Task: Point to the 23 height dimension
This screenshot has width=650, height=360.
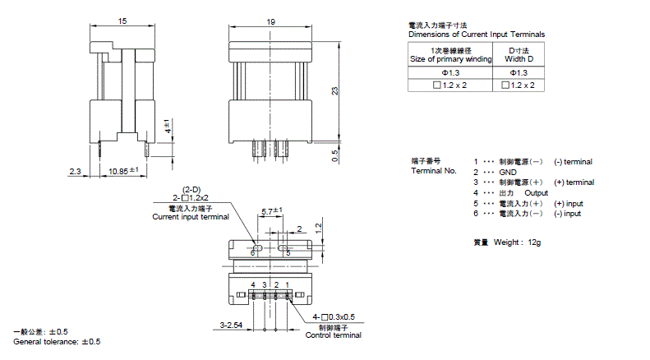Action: (x=334, y=90)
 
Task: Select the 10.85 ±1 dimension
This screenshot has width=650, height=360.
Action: (x=122, y=170)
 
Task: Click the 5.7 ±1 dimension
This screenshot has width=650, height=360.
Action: (x=272, y=211)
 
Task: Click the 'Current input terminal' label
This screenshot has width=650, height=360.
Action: (x=191, y=217)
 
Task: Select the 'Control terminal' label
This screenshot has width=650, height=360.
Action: (x=334, y=335)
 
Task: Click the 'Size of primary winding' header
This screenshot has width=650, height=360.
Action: (x=450, y=59)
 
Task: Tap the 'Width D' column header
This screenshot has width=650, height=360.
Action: (x=519, y=59)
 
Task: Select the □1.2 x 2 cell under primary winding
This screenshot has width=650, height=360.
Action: (x=450, y=85)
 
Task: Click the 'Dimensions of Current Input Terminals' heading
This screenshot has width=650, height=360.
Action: (x=477, y=35)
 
